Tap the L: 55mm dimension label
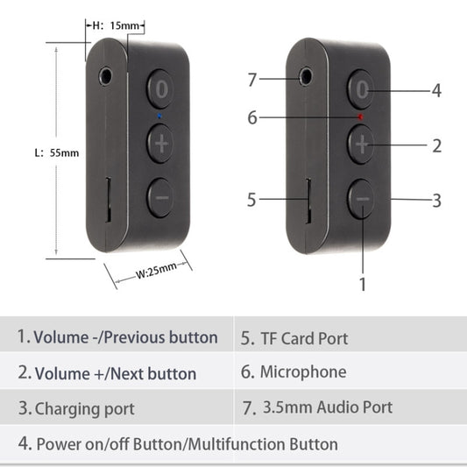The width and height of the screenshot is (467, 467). click(56, 152)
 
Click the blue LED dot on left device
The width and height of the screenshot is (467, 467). click(159, 115)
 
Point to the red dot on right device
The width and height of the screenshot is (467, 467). click(360, 116)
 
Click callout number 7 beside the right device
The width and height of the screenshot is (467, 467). click(251, 80)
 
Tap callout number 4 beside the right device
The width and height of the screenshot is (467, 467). click(435, 90)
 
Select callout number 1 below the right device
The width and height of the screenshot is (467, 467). click(363, 284)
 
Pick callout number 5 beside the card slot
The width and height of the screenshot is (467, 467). click(251, 200)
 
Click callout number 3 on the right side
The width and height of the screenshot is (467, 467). click(436, 201)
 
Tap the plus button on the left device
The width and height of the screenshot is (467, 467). click(160, 143)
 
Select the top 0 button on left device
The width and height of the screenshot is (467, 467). click(160, 88)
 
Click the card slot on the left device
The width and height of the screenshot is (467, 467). click(107, 199)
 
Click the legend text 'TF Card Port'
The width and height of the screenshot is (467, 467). click(303, 338)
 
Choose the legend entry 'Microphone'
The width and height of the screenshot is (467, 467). click(302, 372)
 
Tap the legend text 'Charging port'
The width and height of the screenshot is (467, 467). click(84, 408)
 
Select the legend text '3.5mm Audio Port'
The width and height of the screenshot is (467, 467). click(327, 407)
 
